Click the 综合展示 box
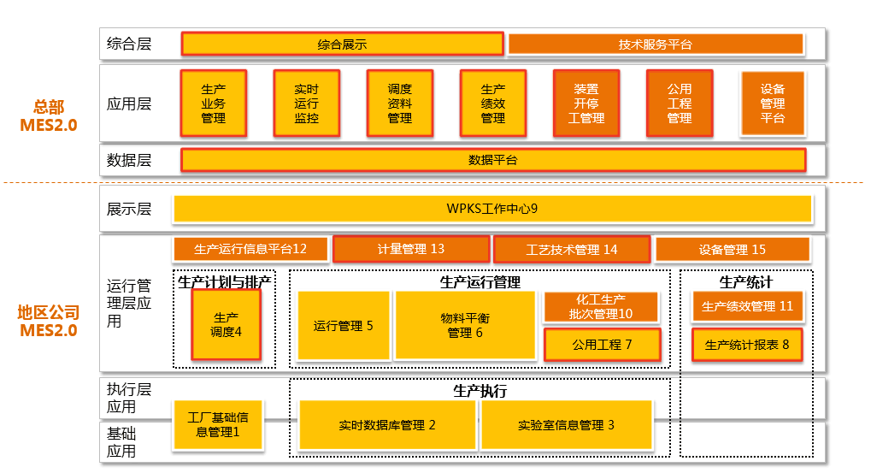(x=342, y=44)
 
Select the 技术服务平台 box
(x=656, y=44)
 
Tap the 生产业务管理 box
(x=214, y=103)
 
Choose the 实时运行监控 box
(x=307, y=103)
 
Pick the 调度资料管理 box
(x=400, y=103)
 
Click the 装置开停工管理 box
(x=586, y=103)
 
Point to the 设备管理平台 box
(x=773, y=103)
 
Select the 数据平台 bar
(x=493, y=160)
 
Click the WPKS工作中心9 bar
(x=492, y=209)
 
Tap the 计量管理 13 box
(x=411, y=249)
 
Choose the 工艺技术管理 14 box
(x=572, y=250)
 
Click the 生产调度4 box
(x=226, y=325)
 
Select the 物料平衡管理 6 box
(x=465, y=325)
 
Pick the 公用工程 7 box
(x=602, y=345)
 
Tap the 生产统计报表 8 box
(x=747, y=345)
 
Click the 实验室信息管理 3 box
(x=566, y=425)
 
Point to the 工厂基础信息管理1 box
(x=218, y=425)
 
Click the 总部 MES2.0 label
(x=49, y=115)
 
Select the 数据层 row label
(x=129, y=160)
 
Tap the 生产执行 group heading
(x=480, y=391)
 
